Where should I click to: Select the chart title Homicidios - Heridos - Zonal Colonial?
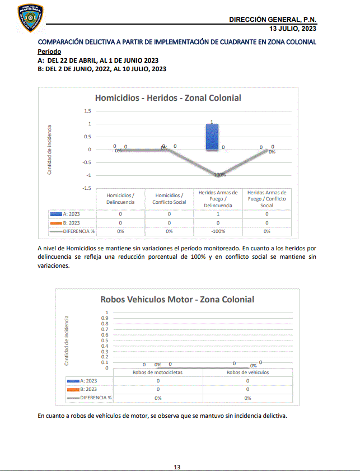pos(168,97)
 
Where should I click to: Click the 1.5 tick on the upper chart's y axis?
pos(87,111)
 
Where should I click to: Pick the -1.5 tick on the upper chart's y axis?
pos(86,188)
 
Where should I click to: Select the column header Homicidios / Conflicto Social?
pos(169,199)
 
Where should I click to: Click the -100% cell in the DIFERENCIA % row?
pos(218,231)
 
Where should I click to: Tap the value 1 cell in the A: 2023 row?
pos(218,214)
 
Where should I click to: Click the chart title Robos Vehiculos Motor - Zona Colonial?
pos(177,299)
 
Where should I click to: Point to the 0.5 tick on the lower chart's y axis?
pos(104,341)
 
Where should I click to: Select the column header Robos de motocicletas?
pos(158,372)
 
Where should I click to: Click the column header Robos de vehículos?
pos(247,372)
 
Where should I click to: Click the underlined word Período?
pos(49,51)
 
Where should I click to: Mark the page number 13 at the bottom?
pos(177,467)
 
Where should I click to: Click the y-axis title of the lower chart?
pos(66,341)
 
